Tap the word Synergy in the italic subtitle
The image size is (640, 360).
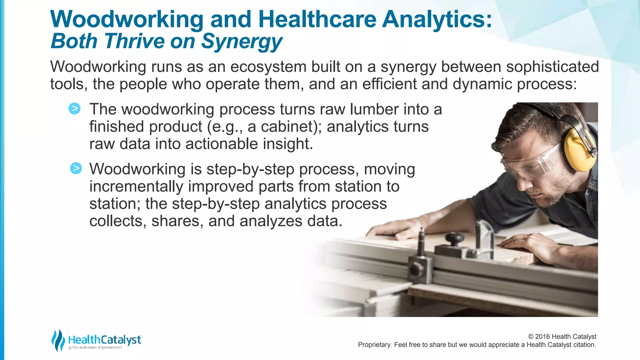[x=242, y=42]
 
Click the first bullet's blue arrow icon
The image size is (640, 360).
[x=75, y=108]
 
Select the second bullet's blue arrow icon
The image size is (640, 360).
[x=76, y=168]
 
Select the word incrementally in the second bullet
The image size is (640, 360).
[x=136, y=187]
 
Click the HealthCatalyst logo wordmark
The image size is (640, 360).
[x=105, y=340]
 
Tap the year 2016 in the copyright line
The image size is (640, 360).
[x=542, y=337]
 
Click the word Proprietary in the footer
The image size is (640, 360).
[x=374, y=345]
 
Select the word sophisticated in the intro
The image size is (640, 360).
[x=552, y=67]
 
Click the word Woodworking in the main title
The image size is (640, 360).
[x=127, y=19]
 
